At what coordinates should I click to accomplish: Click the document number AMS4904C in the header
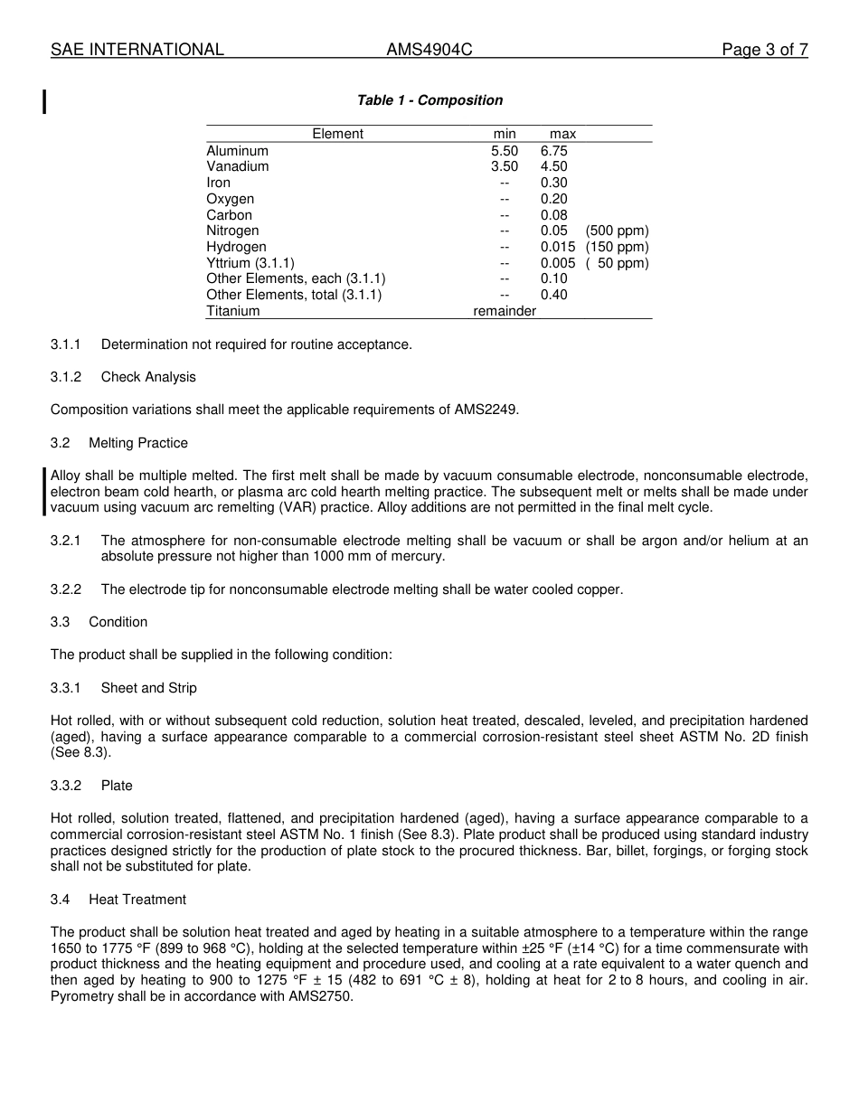tap(429, 50)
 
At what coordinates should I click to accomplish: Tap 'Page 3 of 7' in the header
tap(764, 50)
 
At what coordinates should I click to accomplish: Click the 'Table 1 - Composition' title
tap(429, 100)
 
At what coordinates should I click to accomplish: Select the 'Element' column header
tap(337, 134)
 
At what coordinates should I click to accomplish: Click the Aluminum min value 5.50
tap(505, 151)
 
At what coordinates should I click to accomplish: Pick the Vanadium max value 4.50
tap(553, 166)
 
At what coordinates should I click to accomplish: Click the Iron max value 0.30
tap(553, 183)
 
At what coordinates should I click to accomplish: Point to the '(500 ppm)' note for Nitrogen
tap(617, 231)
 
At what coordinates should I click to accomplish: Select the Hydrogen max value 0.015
tap(557, 247)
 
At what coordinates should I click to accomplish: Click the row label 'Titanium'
tap(232, 311)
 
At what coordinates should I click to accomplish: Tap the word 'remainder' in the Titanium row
tap(505, 311)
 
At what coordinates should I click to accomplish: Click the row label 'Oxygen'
tap(230, 199)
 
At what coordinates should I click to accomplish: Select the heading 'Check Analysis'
tap(148, 377)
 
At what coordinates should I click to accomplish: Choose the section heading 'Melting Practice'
tap(138, 443)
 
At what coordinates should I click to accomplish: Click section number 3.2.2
tap(66, 589)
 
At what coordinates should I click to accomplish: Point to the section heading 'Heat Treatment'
tap(137, 900)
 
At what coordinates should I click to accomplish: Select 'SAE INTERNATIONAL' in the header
tap(137, 50)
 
